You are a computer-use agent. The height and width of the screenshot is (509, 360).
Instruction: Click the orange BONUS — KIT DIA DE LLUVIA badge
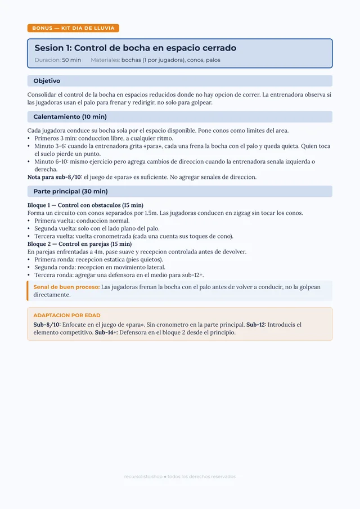pyautogui.click(x=73, y=28)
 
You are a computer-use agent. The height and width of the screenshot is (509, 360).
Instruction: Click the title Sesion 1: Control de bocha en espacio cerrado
pyautogui.click(x=135, y=48)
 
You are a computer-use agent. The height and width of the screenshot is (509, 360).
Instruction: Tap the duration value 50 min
pyautogui.click(x=71, y=60)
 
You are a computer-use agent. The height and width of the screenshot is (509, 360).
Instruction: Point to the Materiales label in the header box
pyautogui.click(x=105, y=60)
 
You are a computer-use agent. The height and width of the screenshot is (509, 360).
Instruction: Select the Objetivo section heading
pyautogui.click(x=47, y=81)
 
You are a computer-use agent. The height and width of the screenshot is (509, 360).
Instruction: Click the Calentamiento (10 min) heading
pyautogui.click(x=70, y=117)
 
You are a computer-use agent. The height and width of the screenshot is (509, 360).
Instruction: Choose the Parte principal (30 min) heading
pyautogui.click(x=70, y=192)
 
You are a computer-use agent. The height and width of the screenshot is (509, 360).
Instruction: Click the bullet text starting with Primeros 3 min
pyautogui.click(x=104, y=138)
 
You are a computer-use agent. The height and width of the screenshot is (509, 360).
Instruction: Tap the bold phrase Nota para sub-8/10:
pyautogui.click(x=55, y=177)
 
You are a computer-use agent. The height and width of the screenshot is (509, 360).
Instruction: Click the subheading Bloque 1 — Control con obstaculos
pyautogui.click(x=85, y=205)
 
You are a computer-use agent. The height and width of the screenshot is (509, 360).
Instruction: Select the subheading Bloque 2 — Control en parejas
pyautogui.click(x=79, y=244)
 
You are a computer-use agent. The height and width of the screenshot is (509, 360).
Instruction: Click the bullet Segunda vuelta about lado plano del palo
pyautogui.click(x=97, y=229)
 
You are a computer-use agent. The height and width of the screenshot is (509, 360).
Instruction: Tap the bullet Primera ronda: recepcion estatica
pyautogui.click(x=98, y=260)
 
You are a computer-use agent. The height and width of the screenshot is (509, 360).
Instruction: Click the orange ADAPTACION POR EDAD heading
pyautogui.click(x=67, y=316)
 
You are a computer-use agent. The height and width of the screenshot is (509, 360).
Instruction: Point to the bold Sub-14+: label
pyautogui.click(x=106, y=332)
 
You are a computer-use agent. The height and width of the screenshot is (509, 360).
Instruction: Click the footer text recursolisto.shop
pyautogui.click(x=143, y=476)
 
